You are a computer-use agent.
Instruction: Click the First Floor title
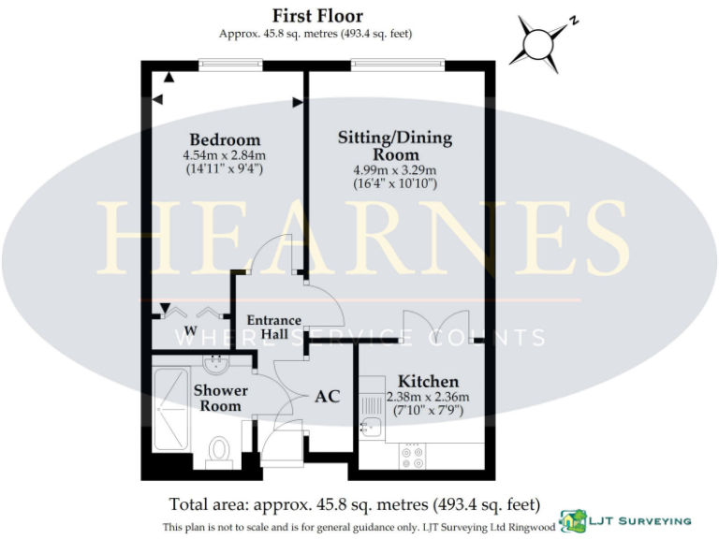pyautogui.click(x=317, y=15)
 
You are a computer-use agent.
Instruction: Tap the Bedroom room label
pyautogui.click(x=225, y=140)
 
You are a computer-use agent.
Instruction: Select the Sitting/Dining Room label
pyautogui.click(x=395, y=145)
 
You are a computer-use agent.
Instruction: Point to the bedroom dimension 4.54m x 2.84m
pyautogui.click(x=225, y=155)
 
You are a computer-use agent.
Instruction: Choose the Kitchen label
pyautogui.click(x=428, y=381)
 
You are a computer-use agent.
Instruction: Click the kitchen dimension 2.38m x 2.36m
pyautogui.click(x=428, y=397)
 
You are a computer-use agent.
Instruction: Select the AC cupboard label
pyautogui.click(x=327, y=396)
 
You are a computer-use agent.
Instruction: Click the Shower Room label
pyautogui.click(x=220, y=398)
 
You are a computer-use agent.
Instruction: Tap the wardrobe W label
pyautogui.click(x=190, y=330)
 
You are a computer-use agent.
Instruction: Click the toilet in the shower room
pyautogui.click(x=220, y=449)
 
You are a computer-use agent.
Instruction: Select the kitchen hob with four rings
pyautogui.click(x=413, y=457)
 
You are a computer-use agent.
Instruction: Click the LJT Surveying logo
pyautogui.click(x=625, y=520)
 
